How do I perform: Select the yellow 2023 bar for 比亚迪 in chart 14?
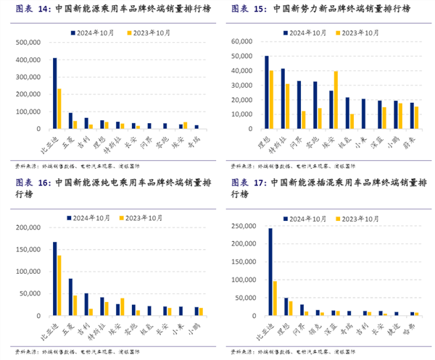(59, 109)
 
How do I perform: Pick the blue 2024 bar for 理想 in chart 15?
(267, 92)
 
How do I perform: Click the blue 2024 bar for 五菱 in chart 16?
(70, 297)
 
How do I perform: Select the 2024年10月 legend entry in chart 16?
(91, 218)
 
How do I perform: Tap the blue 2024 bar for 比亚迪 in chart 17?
(270, 272)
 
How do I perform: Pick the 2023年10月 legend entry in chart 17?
(360, 218)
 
